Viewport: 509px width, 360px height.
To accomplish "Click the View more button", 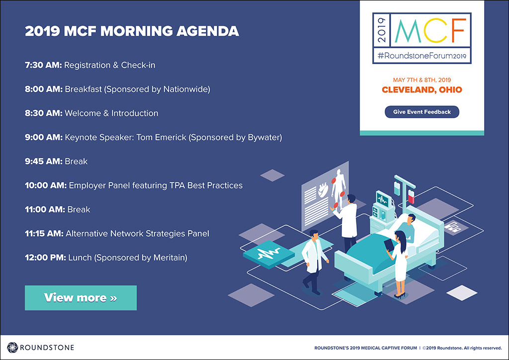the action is pyautogui.click(x=81, y=298).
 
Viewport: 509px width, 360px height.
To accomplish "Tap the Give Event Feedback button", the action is pyautogui.click(x=422, y=112).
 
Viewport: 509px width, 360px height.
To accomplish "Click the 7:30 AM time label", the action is pyautogui.click(x=43, y=65).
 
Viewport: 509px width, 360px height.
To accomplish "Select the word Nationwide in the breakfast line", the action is pyautogui.click(x=187, y=90).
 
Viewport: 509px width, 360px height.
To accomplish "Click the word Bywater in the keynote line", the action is pyautogui.click(x=264, y=138).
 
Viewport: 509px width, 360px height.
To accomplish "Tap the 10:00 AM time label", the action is pyautogui.click(x=46, y=185).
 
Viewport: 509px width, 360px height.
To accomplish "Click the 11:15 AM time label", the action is pyautogui.click(x=44, y=233).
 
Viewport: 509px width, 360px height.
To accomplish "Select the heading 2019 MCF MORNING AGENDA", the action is pyautogui.click(x=132, y=31).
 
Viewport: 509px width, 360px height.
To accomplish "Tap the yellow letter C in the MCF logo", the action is pyautogui.click(x=436, y=30).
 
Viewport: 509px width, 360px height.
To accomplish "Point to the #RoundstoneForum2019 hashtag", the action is pyautogui.click(x=422, y=56).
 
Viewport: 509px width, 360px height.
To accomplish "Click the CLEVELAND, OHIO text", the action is pyautogui.click(x=422, y=90).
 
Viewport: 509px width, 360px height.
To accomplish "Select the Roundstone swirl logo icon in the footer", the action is pyautogui.click(x=12, y=348).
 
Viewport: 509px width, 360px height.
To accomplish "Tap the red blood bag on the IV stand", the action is pyautogui.click(x=411, y=196).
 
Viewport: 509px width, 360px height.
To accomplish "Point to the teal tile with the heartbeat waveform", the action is pyautogui.click(x=269, y=254).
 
